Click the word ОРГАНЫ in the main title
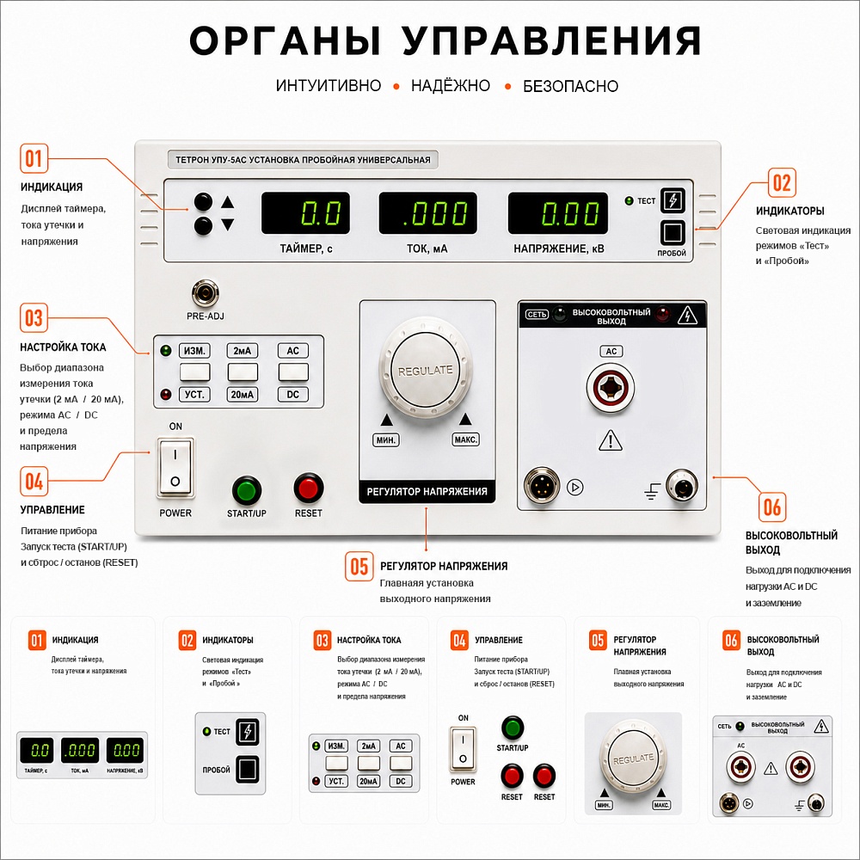coord(285,40)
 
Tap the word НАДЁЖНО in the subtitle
coord(451,85)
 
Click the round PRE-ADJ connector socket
coord(206,293)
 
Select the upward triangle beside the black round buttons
coord(228,202)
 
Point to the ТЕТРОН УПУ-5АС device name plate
coord(303,160)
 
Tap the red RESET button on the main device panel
coord(308,488)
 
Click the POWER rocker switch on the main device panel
coord(175,468)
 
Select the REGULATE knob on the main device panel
coord(426,370)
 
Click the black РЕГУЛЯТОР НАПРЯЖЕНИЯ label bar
coord(427,492)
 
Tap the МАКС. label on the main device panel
coord(465,439)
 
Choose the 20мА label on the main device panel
coord(242,395)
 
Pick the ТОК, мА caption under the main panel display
coord(427,249)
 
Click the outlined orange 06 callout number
coord(771,507)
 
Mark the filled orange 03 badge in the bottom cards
coord(322,640)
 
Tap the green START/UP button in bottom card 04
coord(513,728)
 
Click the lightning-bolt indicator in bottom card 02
coord(248,732)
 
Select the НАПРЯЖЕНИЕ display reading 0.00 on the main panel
coord(558,212)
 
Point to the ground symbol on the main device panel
coord(652,491)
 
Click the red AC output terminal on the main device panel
coord(611,387)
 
